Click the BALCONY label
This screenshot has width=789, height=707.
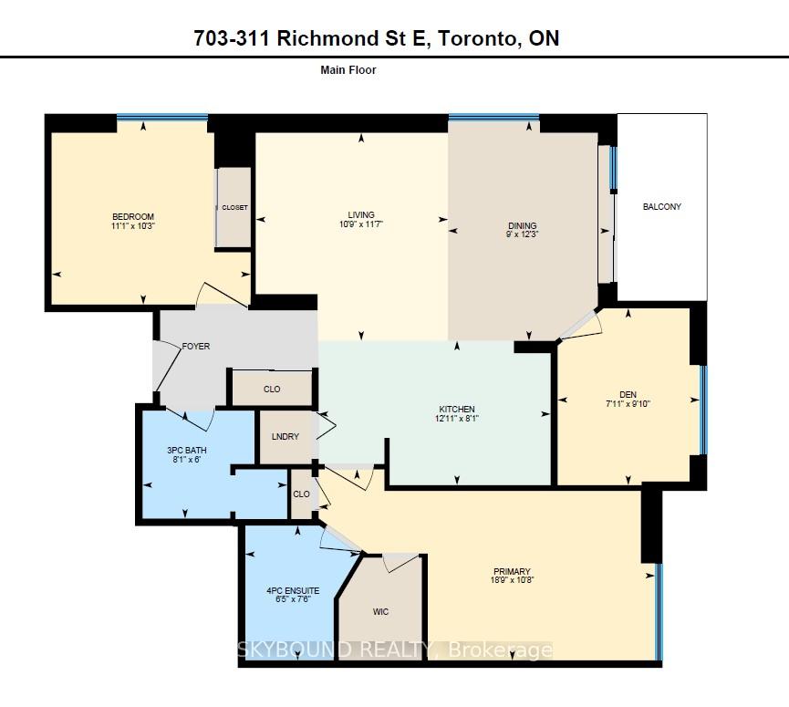click(661, 206)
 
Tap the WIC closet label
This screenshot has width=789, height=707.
click(380, 611)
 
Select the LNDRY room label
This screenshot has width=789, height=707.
click(285, 436)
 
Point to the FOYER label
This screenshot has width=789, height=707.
click(196, 347)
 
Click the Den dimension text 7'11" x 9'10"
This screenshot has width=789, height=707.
click(628, 403)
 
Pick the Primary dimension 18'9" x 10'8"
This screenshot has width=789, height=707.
click(512, 579)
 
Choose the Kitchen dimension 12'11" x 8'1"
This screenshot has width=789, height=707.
click(456, 418)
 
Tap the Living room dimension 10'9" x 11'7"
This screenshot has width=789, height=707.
click(361, 224)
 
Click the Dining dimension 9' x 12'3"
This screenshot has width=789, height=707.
click(523, 234)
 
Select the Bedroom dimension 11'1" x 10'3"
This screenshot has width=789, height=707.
click(133, 226)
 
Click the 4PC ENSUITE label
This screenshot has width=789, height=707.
click(293, 590)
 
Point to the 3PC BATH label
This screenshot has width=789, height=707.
click(187, 450)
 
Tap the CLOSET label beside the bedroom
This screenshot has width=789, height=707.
click(234, 207)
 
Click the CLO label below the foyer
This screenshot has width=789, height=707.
click(272, 389)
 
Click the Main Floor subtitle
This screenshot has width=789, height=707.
click(348, 70)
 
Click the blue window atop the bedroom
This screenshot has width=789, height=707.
click(162, 118)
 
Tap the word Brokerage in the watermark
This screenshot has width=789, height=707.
click(500, 650)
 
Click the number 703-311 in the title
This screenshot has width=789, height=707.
click(232, 38)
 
